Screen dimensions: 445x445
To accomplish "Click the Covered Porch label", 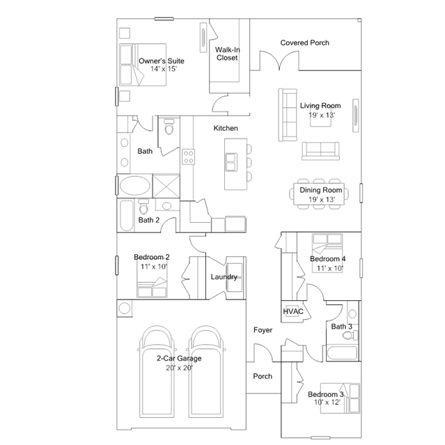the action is (x=304, y=43).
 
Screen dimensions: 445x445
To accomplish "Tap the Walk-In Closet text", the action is (x=227, y=54).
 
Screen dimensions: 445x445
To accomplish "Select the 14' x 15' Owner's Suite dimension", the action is (x=164, y=69).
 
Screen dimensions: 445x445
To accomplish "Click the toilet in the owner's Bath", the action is (x=169, y=127).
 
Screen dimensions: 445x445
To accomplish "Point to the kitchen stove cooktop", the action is (x=188, y=157).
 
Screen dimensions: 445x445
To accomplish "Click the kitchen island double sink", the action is (x=231, y=162).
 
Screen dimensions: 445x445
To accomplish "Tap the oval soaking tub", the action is (x=135, y=186).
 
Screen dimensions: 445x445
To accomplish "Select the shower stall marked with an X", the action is (x=166, y=186).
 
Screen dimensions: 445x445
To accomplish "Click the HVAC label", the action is (x=293, y=311).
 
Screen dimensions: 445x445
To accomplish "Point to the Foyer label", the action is (x=263, y=330).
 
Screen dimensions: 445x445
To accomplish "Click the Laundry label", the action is (x=224, y=277).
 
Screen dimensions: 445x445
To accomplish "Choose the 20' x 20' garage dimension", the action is (x=180, y=368).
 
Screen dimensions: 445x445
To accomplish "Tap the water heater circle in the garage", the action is (x=124, y=309).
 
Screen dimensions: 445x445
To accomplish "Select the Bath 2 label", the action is (x=149, y=220).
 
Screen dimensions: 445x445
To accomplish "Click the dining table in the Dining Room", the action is (x=319, y=194).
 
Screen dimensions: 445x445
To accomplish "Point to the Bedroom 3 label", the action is (x=326, y=394).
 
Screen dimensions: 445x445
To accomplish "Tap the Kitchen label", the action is (x=226, y=128).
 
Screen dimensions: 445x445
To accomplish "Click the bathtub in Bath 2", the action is (x=127, y=216).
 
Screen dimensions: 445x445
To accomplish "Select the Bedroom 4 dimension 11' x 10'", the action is (x=330, y=269).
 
